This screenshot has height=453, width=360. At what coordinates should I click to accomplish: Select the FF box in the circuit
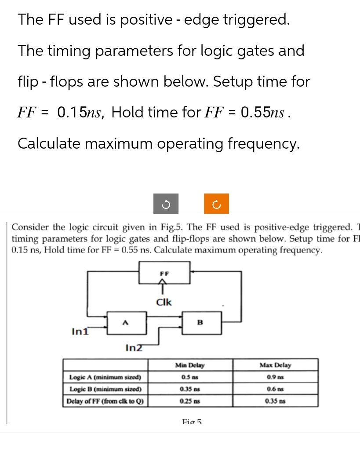[164, 273]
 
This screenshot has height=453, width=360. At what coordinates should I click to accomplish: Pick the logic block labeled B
[200, 324]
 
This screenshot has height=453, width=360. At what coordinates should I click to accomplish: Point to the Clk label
[164, 302]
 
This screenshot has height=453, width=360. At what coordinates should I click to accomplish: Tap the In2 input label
[134, 348]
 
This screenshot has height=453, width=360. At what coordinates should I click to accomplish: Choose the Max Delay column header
[275, 365]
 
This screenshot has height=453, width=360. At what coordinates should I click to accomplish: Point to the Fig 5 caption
[191, 421]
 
